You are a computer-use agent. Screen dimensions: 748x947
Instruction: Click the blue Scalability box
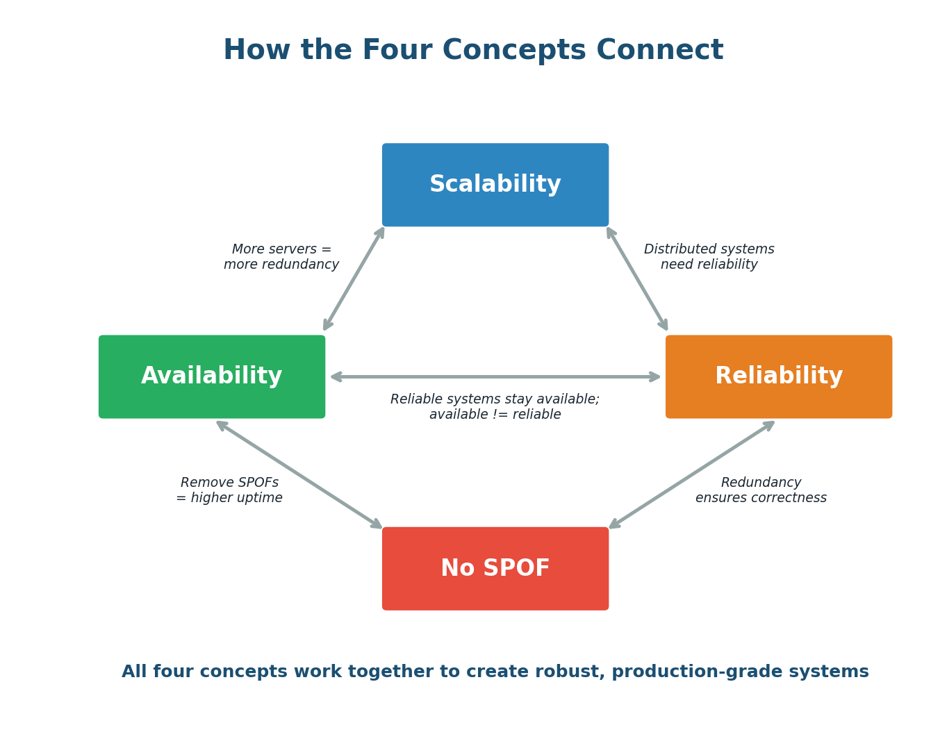coord(495,185)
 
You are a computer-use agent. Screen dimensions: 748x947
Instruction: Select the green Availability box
coord(211,376)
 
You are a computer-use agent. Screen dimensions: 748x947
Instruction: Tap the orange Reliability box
coord(778,376)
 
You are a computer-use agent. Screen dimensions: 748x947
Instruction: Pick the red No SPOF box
coord(495,568)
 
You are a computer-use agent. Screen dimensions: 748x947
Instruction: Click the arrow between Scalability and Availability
coord(354,279)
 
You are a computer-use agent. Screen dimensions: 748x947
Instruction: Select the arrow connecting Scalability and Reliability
coord(637,279)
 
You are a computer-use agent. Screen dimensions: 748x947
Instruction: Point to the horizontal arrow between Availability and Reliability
coord(495,376)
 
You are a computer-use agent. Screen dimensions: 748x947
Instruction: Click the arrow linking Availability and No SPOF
coord(299,474)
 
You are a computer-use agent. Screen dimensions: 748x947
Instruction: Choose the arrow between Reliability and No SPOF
coord(691,474)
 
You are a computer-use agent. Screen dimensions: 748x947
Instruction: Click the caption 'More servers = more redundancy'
coord(281,257)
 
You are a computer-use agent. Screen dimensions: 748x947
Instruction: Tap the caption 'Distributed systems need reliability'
coord(709,257)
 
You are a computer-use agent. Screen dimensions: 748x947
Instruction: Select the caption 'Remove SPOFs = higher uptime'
coord(229,490)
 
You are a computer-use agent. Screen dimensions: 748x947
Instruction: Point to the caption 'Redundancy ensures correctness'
coord(761,490)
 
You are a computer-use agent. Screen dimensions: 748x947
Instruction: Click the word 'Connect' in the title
coord(659,51)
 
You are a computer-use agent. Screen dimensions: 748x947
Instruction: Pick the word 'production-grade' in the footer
coord(684,672)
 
